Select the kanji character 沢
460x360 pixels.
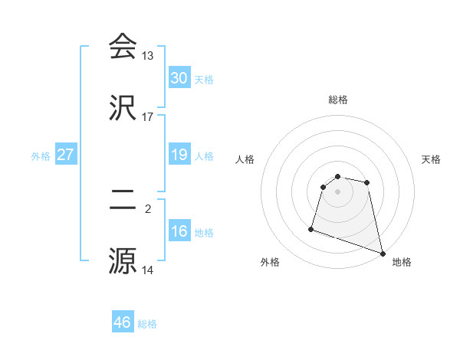(x=123, y=107)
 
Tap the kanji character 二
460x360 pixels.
(x=123, y=200)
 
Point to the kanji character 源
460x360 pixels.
(x=123, y=260)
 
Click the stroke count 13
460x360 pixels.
(x=148, y=56)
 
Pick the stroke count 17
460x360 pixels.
(x=148, y=117)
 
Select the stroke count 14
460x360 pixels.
(x=148, y=270)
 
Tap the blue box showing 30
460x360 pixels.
(x=179, y=78)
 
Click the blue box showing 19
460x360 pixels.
(x=179, y=155)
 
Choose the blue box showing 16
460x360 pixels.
(x=179, y=231)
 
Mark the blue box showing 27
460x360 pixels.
(x=66, y=155)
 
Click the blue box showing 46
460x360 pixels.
(x=123, y=322)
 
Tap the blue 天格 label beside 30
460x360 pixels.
(x=204, y=80)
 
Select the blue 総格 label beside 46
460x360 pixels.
(x=147, y=324)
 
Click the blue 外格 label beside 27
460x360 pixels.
(x=41, y=156)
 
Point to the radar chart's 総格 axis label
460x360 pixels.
(x=338, y=100)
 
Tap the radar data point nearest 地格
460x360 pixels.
(x=382, y=253)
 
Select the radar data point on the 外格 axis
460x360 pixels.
(x=311, y=228)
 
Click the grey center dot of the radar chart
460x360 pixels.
(x=338, y=191)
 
